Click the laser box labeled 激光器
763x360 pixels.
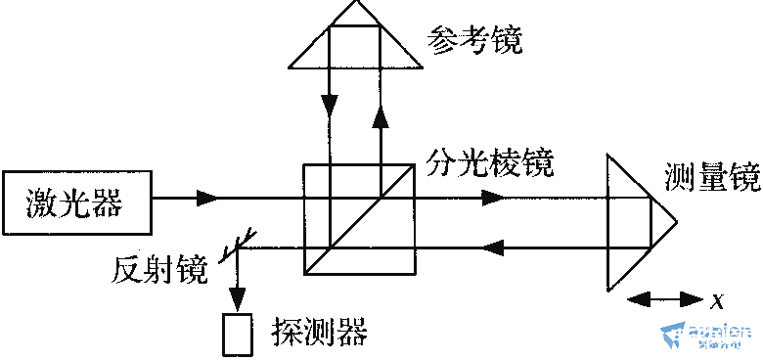76,202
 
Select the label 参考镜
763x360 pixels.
475,41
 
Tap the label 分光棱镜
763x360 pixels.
490,160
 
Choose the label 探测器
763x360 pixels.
319,333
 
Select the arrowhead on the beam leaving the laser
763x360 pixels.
208,199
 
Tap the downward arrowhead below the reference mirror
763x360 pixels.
331,104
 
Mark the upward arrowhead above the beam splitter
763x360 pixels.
380,114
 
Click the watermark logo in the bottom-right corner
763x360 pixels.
706,337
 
